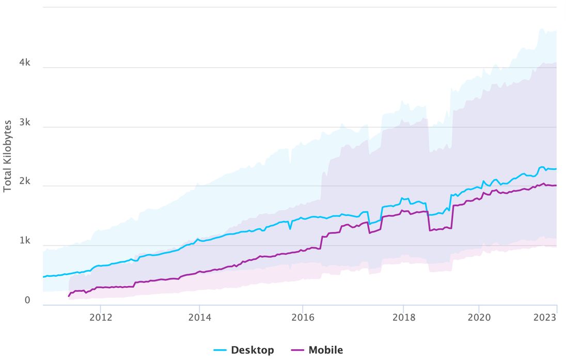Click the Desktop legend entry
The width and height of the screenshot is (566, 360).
(x=252, y=350)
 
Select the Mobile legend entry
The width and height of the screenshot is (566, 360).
(x=325, y=350)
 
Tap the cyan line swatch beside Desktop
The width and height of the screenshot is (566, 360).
(x=221, y=351)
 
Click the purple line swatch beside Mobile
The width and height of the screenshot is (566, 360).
(x=297, y=351)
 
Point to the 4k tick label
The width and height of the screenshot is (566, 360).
(x=24, y=63)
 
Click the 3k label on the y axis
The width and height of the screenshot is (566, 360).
(x=24, y=123)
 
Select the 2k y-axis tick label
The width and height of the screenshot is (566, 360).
(x=24, y=182)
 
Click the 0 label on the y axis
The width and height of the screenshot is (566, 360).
(x=28, y=301)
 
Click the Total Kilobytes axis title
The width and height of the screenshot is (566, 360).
(x=8, y=156)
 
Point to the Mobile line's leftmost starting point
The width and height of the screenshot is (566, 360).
(x=69, y=296)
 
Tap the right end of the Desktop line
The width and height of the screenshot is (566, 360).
(x=556, y=169)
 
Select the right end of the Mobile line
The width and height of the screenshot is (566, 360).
(x=556, y=185)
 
